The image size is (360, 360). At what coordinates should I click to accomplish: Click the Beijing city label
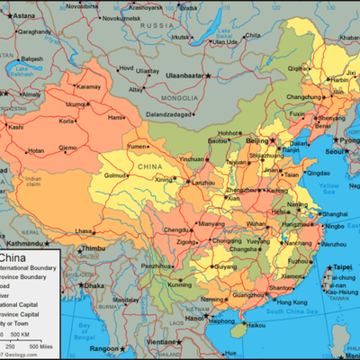tap(258, 140)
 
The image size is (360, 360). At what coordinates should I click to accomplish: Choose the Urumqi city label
tap(76, 104)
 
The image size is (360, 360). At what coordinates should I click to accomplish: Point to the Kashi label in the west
tap(16, 127)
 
